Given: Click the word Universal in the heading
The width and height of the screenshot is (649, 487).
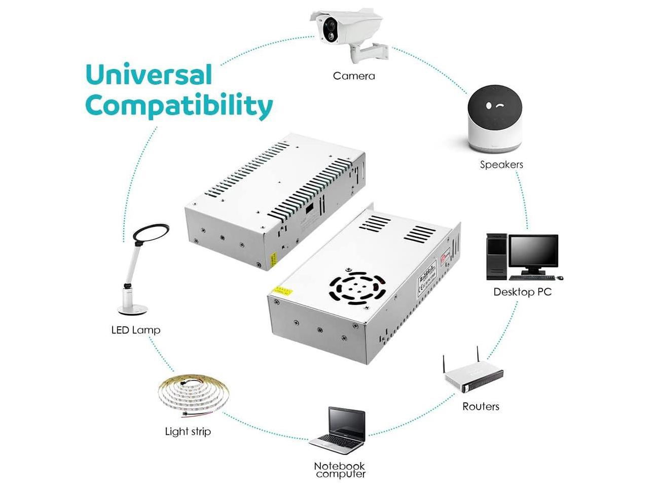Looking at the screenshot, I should pos(149,75).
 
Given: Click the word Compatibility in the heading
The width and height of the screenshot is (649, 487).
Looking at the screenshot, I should pos(179,106).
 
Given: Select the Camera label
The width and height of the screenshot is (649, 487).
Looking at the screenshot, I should pos(354,76).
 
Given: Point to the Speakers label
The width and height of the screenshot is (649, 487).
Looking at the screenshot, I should pos(501,164).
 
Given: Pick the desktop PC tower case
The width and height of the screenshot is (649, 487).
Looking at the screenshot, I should pos(496,256).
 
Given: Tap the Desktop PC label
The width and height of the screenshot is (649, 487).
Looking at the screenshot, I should pos(522,292).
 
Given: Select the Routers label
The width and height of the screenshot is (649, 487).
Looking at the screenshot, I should pos(481,406).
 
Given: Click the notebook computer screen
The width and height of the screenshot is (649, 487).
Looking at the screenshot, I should pos(347,424).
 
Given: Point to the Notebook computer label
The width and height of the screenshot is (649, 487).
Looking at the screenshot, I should pos(340,470).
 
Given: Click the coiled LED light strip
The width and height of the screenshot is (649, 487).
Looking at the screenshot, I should pos(193,393).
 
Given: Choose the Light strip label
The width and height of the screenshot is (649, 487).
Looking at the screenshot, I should pos(188,432).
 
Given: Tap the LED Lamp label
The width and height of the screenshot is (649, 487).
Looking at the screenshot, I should pos(135,330).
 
